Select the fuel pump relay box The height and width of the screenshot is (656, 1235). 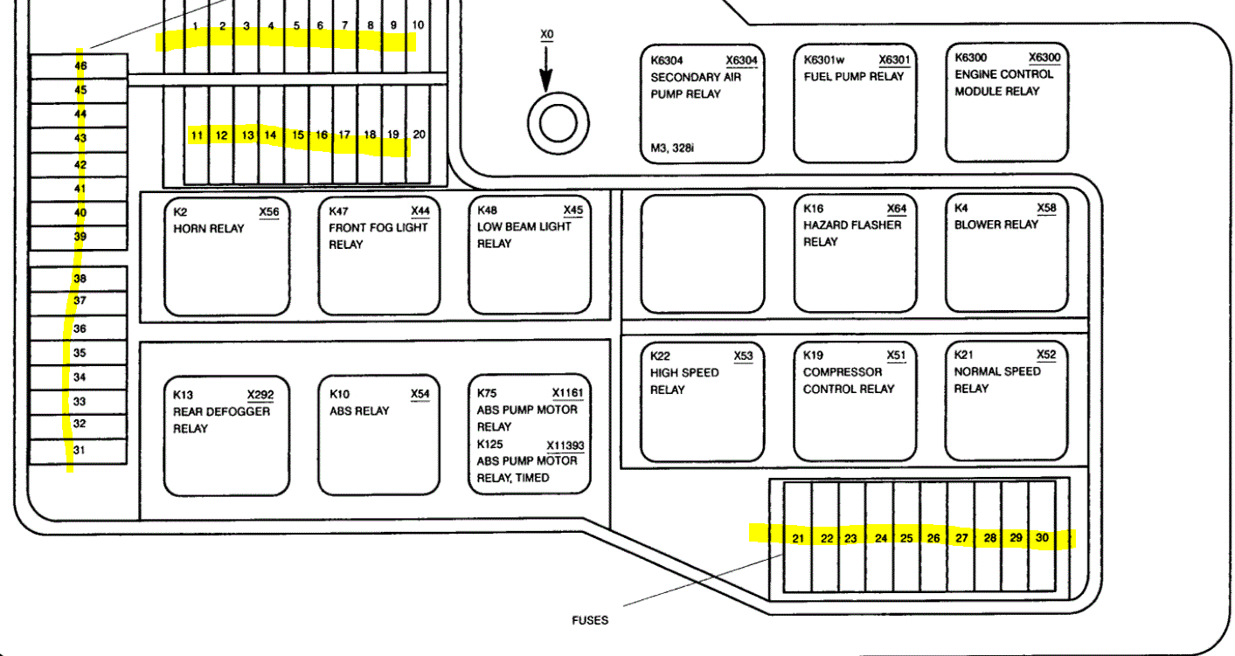(x=854, y=103)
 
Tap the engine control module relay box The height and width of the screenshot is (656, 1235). (x=1008, y=103)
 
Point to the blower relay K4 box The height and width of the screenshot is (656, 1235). (x=1007, y=253)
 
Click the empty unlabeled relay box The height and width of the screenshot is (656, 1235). (x=703, y=253)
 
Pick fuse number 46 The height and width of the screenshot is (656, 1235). (x=80, y=66)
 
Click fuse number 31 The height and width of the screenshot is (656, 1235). (x=80, y=451)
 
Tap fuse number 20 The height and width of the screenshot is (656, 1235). (x=420, y=135)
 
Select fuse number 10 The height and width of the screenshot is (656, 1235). (x=418, y=25)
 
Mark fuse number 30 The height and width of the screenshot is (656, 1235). (x=1042, y=538)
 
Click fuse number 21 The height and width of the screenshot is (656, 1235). (x=798, y=538)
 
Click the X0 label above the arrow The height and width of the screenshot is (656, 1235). (x=547, y=35)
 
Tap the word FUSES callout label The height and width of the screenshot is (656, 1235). (x=590, y=621)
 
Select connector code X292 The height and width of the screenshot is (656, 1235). (x=260, y=394)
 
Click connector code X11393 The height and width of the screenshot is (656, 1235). (x=565, y=445)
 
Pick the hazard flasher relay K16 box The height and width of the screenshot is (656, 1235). (x=854, y=253)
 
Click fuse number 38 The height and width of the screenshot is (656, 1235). (x=80, y=279)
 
